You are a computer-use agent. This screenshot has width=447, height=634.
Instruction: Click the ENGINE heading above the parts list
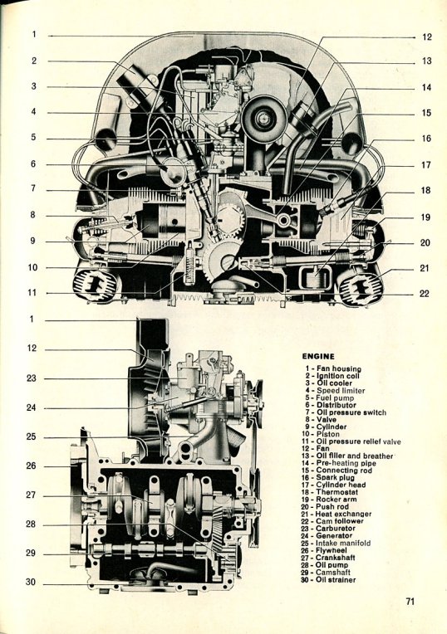click(x=318, y=356)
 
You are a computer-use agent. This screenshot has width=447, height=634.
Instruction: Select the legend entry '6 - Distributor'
click(x=331, y=405)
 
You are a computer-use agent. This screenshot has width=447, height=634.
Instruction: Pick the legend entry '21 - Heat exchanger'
click(x=336, y=514)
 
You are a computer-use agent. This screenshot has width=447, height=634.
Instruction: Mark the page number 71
click(x=410, y=602)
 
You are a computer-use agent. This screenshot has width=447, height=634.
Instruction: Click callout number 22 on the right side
click(x=424, y=294)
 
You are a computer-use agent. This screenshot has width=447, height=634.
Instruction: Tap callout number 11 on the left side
click(x=32, y=292)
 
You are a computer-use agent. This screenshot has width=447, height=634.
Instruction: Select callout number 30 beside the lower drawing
click(x=31, y=582)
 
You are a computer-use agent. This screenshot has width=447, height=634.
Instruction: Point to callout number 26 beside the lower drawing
click(x=32, y=466)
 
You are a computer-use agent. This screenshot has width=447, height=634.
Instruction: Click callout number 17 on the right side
click(x=425, y=165)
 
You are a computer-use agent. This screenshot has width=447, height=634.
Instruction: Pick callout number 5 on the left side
click(x=33, y=137)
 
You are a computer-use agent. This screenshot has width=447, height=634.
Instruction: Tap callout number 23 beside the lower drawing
click(x=32, y=378)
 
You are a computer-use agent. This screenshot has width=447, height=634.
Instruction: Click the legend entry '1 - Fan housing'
click(x=333, y=368)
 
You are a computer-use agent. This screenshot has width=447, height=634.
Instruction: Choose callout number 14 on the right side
click(x=426, y=87)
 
